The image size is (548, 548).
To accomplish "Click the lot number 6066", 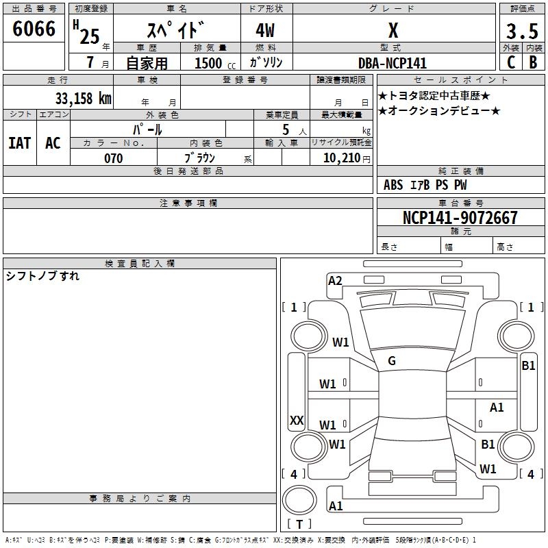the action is [34, 29].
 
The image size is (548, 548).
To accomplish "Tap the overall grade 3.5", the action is [522, 31].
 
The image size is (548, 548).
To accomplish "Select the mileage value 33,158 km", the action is [83, 99].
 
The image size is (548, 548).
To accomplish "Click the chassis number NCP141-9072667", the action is [460, 218].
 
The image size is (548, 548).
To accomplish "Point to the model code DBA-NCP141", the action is [393, 63].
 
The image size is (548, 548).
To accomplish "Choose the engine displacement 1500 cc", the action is [215, 63].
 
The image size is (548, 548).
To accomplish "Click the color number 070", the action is [114, 158].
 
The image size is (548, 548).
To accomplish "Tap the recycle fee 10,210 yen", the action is [347, 158].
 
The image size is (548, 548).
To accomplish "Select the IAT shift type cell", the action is [20, 143].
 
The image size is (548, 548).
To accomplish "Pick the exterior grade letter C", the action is [511, 62].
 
